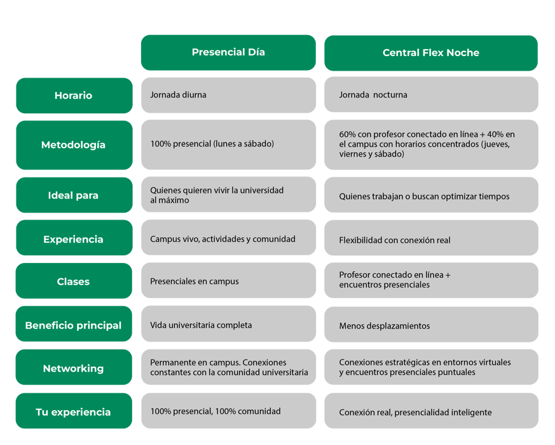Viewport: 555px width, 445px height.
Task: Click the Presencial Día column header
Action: click(x=228, y=52)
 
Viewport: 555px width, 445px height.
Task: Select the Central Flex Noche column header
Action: click(x=431, y=53)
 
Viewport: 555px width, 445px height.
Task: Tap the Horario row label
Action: click(x=74, y=95)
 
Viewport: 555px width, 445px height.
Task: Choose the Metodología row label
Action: click(x=74, y=145)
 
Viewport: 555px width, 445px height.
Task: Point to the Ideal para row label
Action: click(x=74, y=195)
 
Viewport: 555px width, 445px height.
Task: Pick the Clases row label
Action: click(x=74, y=281)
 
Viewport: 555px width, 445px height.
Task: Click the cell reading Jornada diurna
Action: click(x=228, y=95)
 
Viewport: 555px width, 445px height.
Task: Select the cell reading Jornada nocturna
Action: click(x=431, y=95)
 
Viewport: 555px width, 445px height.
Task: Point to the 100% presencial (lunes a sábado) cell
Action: click(x=228, y=145)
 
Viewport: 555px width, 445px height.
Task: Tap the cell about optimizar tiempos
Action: click(x=431, y=195)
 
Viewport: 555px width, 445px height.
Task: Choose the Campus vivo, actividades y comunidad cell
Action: click(x=228, y=237)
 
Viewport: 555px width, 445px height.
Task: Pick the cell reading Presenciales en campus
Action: click(x=228, y=280)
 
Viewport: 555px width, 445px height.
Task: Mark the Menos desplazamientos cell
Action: click(x=431, y=325)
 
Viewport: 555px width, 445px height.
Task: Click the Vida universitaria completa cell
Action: click(x=228, y=324)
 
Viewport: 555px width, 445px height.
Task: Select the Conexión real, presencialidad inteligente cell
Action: click(x=431, y=411)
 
